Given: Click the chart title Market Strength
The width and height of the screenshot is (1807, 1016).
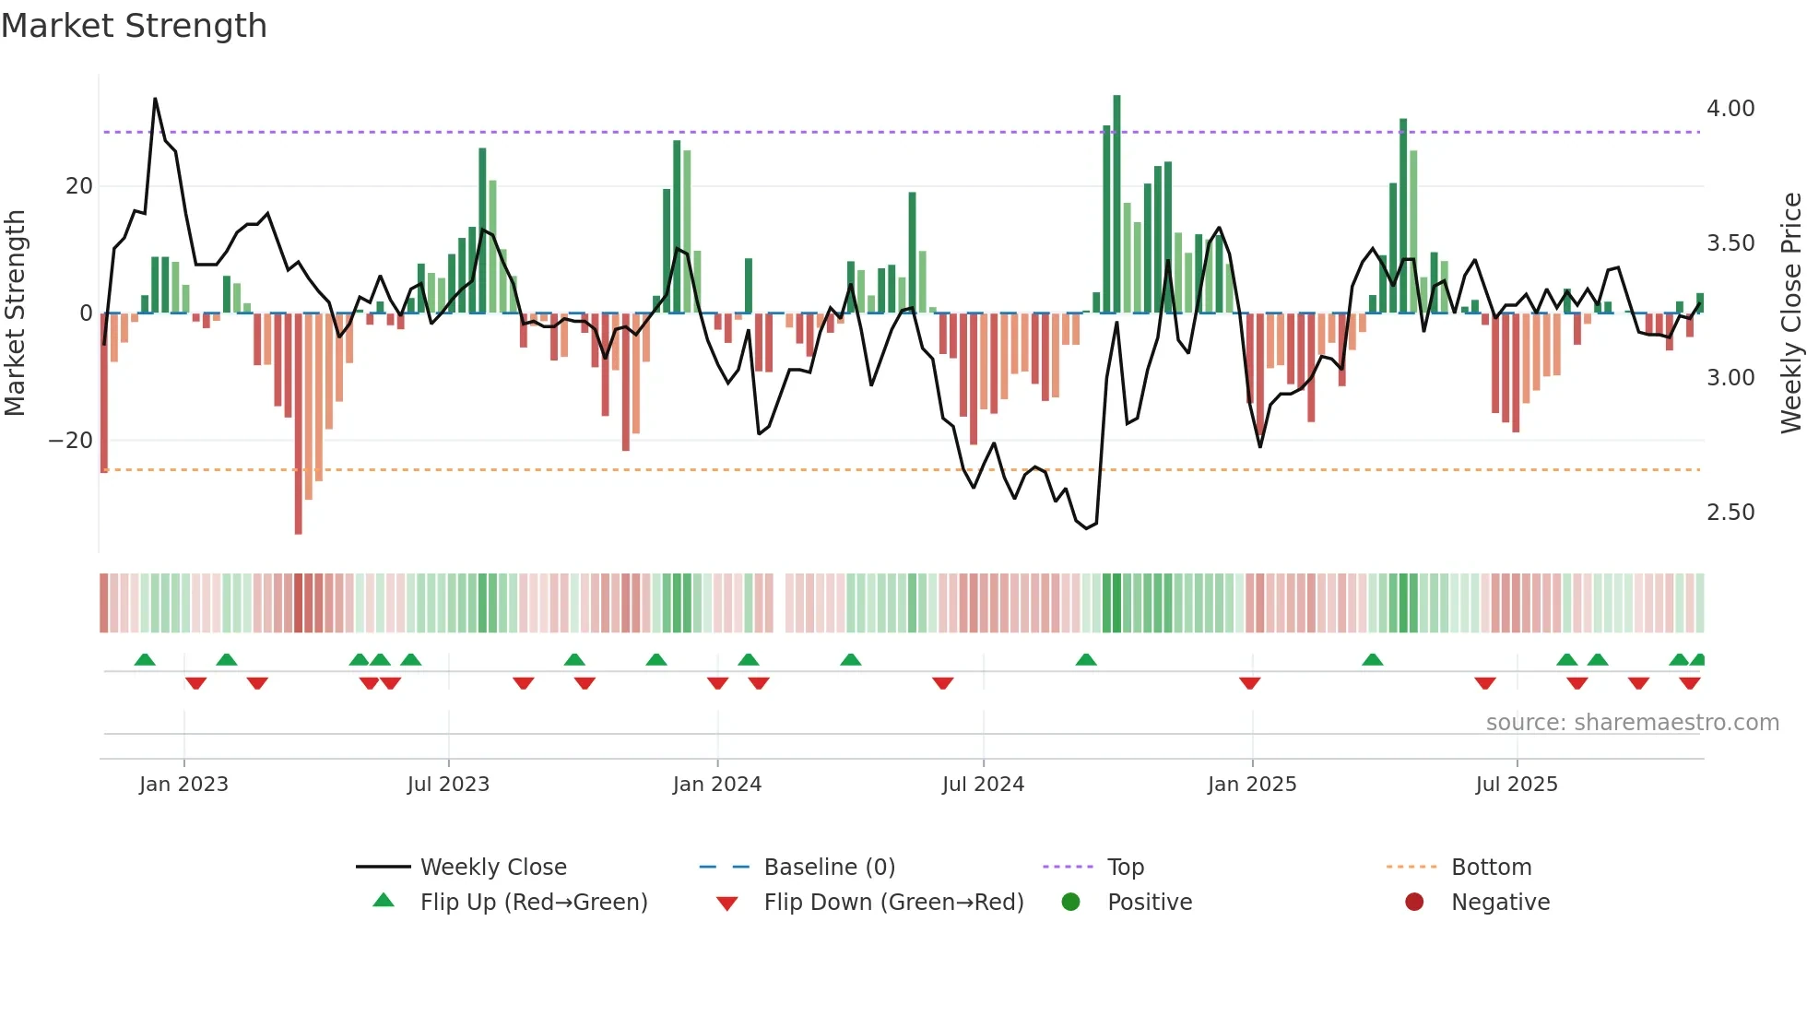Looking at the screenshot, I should click(x=134, y=26).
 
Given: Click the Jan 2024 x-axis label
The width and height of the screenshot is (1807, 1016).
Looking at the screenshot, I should click(x=716, y=785).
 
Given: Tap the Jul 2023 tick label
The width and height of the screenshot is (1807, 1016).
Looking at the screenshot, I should click(x=448, y=785).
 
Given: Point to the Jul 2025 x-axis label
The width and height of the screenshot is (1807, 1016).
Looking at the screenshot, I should click(x=1517, y=785).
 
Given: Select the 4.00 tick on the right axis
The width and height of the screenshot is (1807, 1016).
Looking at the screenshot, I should click(x=1730, y=109).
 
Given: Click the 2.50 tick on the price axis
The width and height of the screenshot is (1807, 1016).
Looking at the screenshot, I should click(x=1730, y=513).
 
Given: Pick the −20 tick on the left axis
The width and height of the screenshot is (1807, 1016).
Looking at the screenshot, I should click(x=70, y=441).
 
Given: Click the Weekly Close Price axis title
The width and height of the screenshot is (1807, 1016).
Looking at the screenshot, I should click(x=1790, y=313).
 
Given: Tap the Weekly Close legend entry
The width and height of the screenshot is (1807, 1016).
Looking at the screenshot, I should click(x=492, y=868).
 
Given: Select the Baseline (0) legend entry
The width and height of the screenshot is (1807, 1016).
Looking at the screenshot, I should click(x=829, y=868).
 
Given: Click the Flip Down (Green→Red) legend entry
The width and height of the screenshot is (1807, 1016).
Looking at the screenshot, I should click(x=892, y=903).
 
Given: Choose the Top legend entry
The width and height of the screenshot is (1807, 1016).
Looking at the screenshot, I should click(x=1125, y=868).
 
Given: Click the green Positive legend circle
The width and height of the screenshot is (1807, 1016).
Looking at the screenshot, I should click(x=1070, y=903).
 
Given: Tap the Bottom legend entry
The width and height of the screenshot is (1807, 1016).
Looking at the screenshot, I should click(x=1491, y=868).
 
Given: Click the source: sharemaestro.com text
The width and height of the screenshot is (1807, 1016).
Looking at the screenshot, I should click(x=1632, y=723).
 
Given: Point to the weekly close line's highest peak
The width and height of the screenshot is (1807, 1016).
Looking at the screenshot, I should click(x=155, y=99).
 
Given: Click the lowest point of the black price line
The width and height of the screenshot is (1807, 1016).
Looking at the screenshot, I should click(x=1087, y=528).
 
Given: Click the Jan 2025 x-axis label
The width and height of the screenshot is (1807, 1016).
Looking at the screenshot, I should click(x=1251, y=785).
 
